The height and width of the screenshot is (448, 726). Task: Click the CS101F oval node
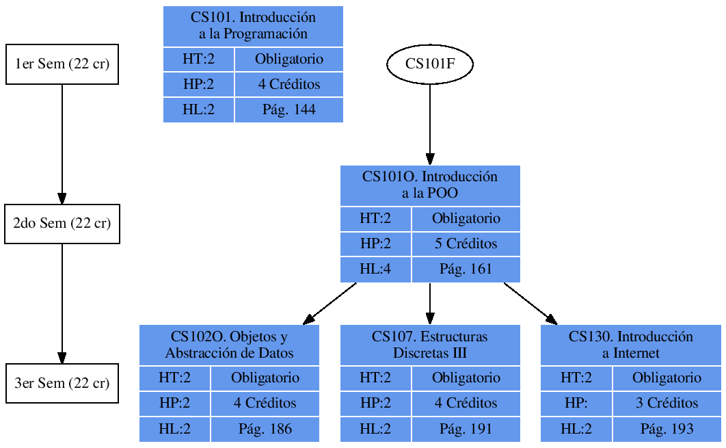tap(430, 64)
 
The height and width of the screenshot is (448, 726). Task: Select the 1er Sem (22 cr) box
tap(62, 64)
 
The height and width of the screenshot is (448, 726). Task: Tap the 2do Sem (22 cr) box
tap(62, 224)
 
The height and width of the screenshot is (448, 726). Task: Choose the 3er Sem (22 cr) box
tap(62, 383)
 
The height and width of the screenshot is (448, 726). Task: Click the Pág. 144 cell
tap(288, 109)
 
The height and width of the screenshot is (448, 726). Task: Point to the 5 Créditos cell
tap(466, 243)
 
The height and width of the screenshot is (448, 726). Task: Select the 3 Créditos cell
tap(667, 403)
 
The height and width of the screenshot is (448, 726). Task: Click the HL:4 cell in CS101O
tap(375, 269)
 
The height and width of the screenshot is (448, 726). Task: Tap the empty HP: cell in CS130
tap(576, 403)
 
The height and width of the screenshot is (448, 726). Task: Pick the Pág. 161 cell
tap(466, 269)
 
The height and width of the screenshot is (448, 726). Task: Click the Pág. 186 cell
tap(265, 429)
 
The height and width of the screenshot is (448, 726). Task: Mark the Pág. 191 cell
tap(466, 429)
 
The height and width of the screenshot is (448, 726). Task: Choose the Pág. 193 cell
tap(667, 429)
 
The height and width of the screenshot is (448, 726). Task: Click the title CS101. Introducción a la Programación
tap(253, 26)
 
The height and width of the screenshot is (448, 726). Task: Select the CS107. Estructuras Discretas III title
tap(430, 345)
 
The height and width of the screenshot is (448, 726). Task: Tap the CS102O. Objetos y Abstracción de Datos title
tap(229, 345)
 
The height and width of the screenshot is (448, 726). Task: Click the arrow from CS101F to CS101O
tap(430, 123)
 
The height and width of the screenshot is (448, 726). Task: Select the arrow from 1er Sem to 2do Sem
tap(62, 144)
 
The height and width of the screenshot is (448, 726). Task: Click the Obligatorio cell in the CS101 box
tap(288, 59)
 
